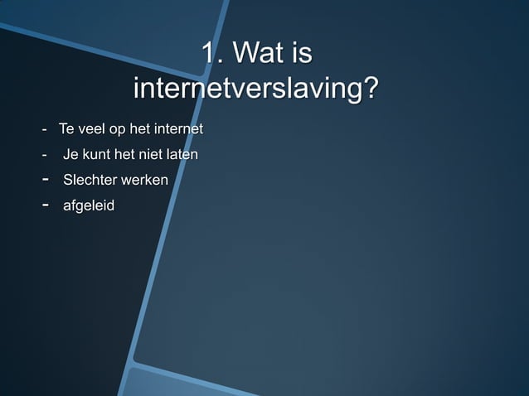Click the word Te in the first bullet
[x=66, y=129]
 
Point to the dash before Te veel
[x=46, y=130]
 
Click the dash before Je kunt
[x=46, y=155]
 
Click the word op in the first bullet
[x=119, y=130]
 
